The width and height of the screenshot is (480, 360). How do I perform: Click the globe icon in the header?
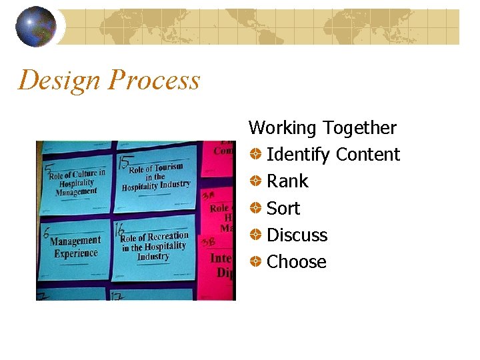pos(36,27)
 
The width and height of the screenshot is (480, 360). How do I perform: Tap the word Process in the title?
pos(154,80)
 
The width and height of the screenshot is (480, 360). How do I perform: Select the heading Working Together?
pos(322,127)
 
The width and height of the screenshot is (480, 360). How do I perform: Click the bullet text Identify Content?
pos(333,155)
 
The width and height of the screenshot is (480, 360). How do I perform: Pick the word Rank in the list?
pos(287,181)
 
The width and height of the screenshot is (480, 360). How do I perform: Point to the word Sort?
pos(283,209)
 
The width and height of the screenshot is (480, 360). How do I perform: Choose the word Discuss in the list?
pos(297,235)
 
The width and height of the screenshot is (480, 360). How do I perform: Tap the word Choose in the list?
pos(296,262)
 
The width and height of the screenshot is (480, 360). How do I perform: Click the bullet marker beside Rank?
pos(255,181)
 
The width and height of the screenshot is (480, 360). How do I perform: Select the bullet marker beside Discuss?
pos(255,235)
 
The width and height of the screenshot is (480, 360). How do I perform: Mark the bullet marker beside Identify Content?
pos(255,155)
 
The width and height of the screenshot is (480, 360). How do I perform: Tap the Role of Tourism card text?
pos(156,177)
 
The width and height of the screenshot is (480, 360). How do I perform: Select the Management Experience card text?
pos(75,247)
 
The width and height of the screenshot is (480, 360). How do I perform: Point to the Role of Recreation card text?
pos(154,246)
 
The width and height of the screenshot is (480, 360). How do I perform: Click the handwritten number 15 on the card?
pos(123,162)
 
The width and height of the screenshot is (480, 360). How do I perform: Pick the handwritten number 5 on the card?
pos(47,170)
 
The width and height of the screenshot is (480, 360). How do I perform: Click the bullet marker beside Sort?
pos(255,209)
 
